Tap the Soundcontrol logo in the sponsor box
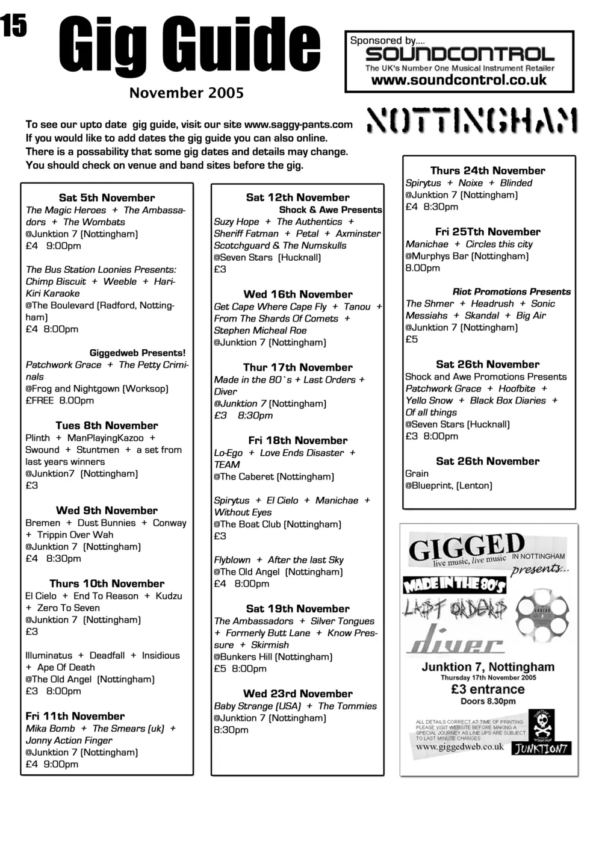pos(459,55)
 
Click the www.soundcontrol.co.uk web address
pos(459,80)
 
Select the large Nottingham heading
pos(473,121)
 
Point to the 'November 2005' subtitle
pos(187,93)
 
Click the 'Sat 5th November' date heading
pos(107,198)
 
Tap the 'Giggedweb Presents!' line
pos(137,353)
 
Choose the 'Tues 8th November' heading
pos(107,425)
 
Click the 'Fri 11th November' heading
pos(75,716)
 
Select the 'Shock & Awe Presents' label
pos(330,210)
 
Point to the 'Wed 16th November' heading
pos(298,294)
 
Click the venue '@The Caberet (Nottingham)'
pos(274,476)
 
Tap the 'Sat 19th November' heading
pos(297,608)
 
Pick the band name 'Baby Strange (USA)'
pos(257,706)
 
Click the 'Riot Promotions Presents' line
pos(511,291)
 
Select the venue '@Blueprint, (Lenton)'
pos(449,485)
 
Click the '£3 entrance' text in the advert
pos(488,689)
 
